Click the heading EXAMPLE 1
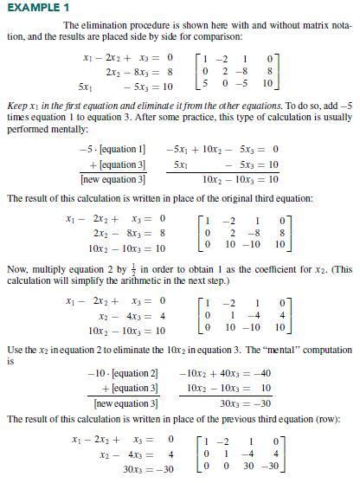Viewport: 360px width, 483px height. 32,8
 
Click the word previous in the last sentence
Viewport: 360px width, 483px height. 236,417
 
